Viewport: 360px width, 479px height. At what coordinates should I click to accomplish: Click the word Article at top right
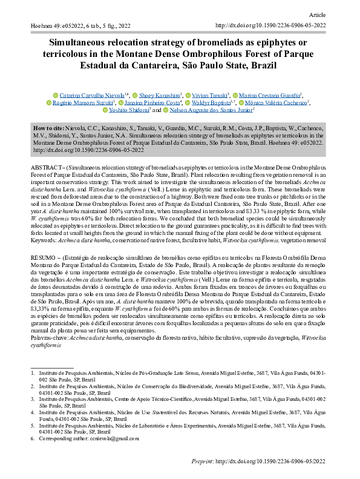coord(317,13)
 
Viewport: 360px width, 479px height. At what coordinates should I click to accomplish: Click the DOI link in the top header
coord(271,26)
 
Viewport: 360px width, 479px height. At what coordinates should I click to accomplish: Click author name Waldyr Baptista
coord(213,103)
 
